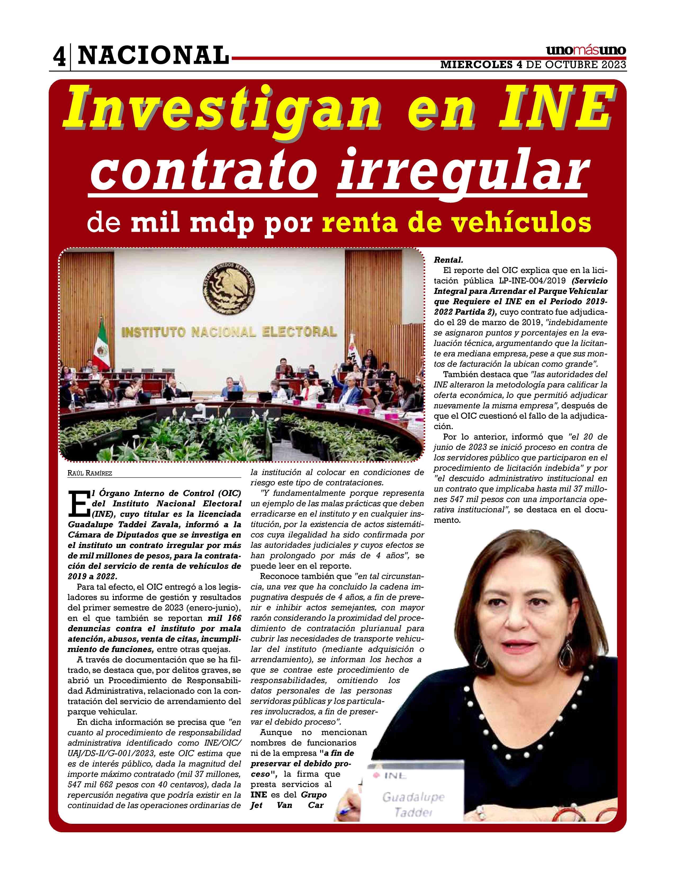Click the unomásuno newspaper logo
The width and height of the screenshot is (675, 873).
[586, 51]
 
